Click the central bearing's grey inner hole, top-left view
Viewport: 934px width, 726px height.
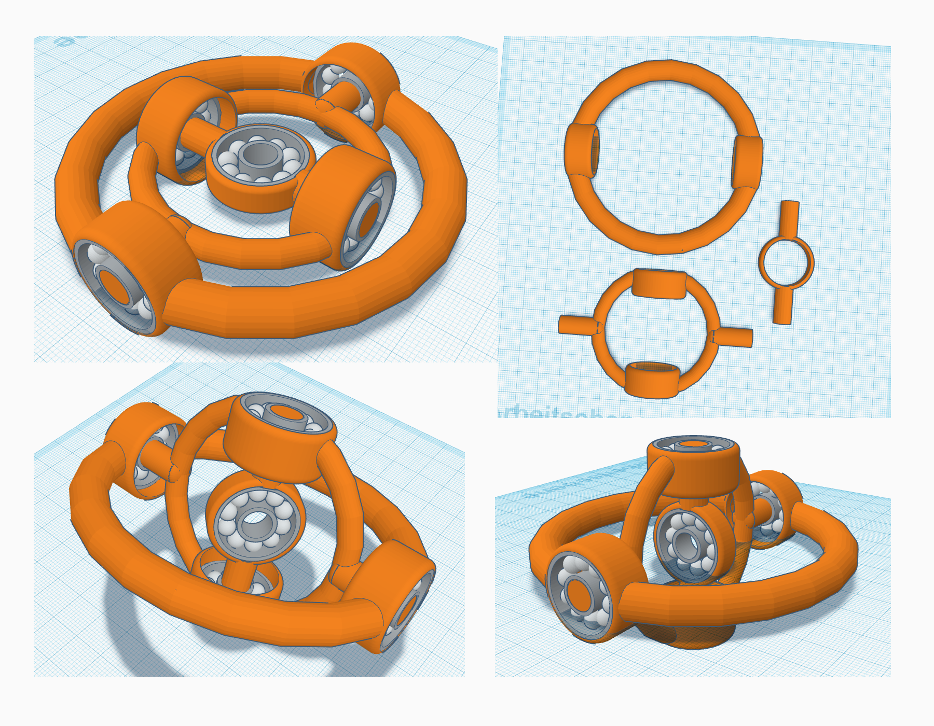260,154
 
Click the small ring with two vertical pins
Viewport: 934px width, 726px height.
786,262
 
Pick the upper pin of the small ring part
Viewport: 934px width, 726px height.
789,218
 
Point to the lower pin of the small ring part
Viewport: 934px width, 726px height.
782,306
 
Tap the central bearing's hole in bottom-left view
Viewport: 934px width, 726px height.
255,519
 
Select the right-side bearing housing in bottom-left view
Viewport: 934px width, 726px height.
394,591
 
